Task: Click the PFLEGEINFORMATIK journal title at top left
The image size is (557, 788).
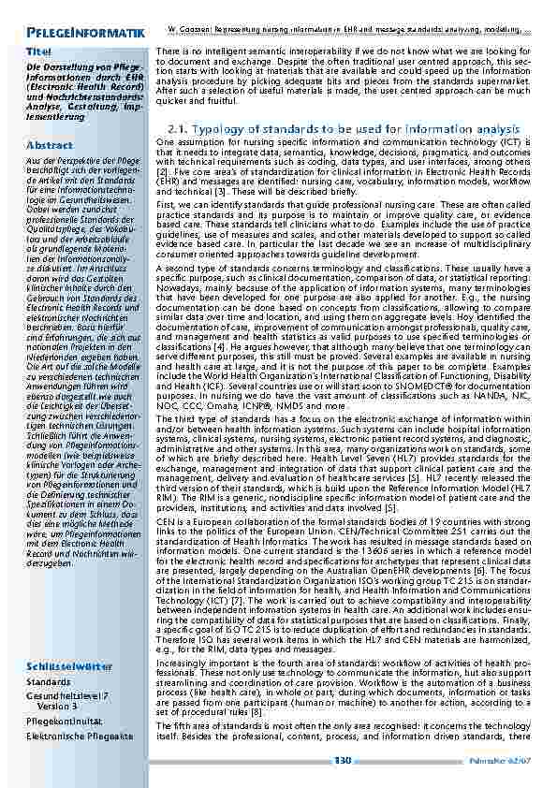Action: click(84, 35)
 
